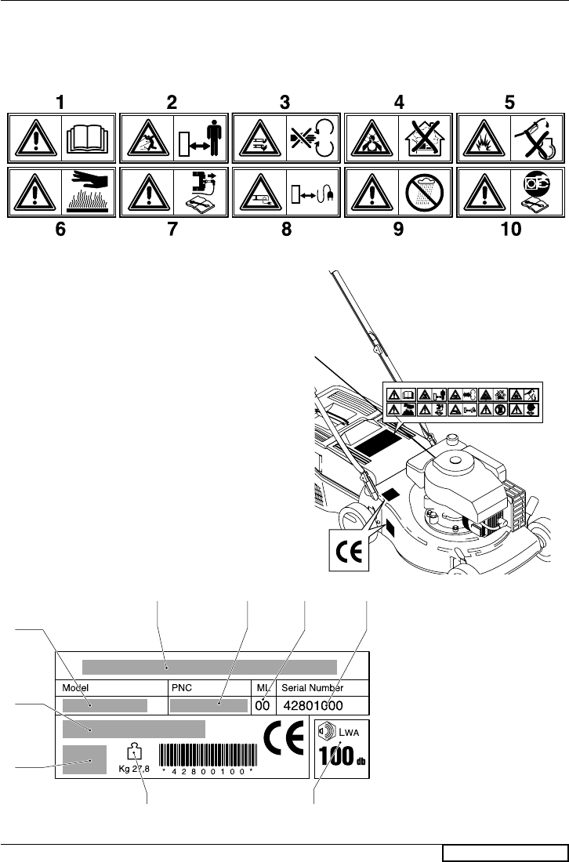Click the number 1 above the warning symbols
click(57, 102)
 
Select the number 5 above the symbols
click(511, 102)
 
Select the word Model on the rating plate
click(76, 687)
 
